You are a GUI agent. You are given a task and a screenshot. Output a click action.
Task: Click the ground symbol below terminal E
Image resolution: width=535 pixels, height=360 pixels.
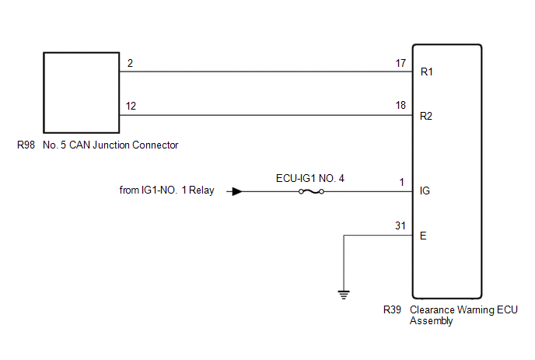coord(344,295)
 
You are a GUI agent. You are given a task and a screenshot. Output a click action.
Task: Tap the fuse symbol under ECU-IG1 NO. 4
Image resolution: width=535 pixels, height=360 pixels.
coord(311,192)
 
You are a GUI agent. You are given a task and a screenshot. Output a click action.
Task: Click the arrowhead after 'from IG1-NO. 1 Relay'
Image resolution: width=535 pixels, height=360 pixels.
coord(237,191)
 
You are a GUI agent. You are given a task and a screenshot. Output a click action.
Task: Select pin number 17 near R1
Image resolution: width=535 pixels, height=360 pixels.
coord(400,63)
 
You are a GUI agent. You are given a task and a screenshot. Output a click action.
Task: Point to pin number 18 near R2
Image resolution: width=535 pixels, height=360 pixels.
coord(400,105)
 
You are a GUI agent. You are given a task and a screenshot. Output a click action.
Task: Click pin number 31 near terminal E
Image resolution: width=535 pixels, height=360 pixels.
coord(400,225)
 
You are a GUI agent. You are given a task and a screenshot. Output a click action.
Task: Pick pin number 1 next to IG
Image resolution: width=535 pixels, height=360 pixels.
coord(402,182)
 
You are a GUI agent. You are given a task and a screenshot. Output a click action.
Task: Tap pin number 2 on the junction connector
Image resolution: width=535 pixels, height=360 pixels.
coord(130,63)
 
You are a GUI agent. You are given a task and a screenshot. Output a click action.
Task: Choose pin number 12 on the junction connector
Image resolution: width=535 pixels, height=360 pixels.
coord(131,106)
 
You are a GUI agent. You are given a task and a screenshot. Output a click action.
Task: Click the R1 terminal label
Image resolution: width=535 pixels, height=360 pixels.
coord(426,72)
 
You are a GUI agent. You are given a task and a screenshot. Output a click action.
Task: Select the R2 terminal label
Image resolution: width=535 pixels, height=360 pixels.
coord(426,116)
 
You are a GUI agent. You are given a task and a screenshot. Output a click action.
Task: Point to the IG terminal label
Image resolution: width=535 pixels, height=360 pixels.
coord(425,190)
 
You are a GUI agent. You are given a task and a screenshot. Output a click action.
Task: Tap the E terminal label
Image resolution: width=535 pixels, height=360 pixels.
coord(423,236)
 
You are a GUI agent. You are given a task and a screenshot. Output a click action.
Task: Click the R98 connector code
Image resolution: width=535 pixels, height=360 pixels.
coord(26,145)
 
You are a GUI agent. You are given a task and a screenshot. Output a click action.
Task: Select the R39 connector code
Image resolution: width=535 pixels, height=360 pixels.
coord(392,309)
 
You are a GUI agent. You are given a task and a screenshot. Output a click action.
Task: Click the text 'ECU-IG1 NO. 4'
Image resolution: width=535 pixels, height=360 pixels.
coord(310,178)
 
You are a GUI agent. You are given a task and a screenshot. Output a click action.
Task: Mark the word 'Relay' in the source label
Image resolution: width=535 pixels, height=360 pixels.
coord(201,190)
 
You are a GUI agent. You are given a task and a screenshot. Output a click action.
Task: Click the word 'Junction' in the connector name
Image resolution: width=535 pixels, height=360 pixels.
coord(111,145)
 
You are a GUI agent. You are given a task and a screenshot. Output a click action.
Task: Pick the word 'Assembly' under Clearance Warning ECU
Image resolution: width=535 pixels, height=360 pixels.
coord(432,321)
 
